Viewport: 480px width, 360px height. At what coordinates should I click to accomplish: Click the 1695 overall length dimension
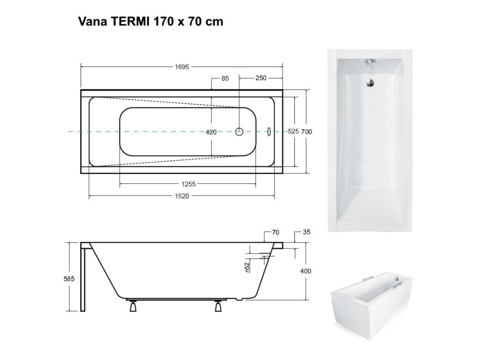click(182, 67)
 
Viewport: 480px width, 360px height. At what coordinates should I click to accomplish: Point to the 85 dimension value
click(225, 79)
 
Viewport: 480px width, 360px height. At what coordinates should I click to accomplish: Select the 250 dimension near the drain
click(261, 79)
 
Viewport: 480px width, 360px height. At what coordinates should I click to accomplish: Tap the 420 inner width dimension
click(211, 132)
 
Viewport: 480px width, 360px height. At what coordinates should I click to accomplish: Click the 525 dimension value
click(293, 132)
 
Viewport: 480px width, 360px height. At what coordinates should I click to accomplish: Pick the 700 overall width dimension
click(307, 132)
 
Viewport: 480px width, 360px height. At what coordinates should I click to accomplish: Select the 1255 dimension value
click(188, 184)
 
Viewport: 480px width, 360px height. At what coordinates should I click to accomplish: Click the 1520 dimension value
click(182, 196)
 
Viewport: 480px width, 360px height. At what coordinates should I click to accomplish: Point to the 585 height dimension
click(69, 279)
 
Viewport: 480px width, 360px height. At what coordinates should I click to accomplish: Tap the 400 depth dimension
click(306, 271)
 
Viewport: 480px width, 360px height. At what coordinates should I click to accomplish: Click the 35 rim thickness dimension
click(307, 232)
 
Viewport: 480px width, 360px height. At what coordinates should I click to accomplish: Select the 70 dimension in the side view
click(275, 232)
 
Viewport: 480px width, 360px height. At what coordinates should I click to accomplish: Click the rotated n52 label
click(247, 267)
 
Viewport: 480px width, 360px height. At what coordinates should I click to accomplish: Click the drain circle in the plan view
click(240, 132)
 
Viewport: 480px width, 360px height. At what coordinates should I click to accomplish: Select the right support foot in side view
click(218, 307)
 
